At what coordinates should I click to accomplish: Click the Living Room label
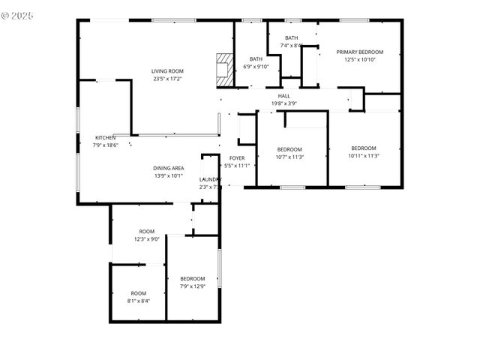[167, 71]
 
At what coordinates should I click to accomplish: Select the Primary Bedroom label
[359, 52]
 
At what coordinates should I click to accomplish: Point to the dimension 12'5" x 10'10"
[359, 59]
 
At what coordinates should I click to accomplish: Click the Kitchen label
[105, 137]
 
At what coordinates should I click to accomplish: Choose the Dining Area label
[169, 168]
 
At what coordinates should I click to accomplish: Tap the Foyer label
[237, 157]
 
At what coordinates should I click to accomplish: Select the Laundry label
[210, 179]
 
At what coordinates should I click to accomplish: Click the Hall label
[284, 96]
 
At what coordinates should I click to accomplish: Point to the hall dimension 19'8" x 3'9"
[284, 103]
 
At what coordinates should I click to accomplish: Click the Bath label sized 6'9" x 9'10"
[256, 59]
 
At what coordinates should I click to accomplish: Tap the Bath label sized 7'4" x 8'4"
[291, 38]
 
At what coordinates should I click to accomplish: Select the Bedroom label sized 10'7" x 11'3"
[289, 149]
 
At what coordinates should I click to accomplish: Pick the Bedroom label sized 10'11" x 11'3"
[364, 148]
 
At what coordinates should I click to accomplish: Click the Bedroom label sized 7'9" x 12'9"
[193, 279]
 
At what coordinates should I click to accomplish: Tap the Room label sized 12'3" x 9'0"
[147, 231]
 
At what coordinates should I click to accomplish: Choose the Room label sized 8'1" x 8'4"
[139, 293]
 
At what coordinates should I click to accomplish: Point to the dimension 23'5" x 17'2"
[167, 79]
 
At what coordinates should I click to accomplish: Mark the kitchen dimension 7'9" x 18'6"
[106, 145]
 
